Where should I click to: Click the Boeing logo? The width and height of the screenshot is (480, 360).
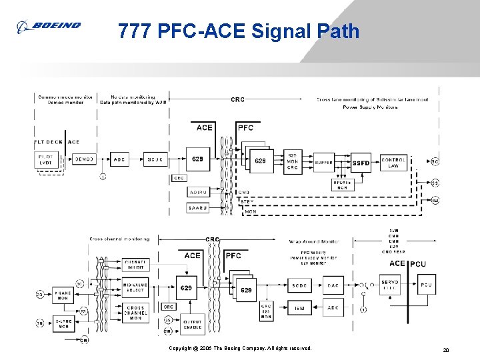tap(48, 26)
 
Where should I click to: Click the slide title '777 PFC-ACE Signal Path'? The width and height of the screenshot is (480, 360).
tap(239, 31)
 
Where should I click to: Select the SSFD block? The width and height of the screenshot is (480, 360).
tap(361, 162)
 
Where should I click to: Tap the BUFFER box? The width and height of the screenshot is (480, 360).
tap(324, 162)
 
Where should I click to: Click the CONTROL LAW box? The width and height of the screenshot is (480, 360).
tap(393, 162)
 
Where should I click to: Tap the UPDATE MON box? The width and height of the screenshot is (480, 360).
tap(342, 185)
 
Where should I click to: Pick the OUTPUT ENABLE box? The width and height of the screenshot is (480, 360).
tap(193, 325)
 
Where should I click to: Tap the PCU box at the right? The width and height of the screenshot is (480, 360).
tap(426, 285)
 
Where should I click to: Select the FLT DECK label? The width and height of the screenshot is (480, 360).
tap(48, 142)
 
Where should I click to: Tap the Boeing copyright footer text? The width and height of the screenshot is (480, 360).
tap(240, 348)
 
